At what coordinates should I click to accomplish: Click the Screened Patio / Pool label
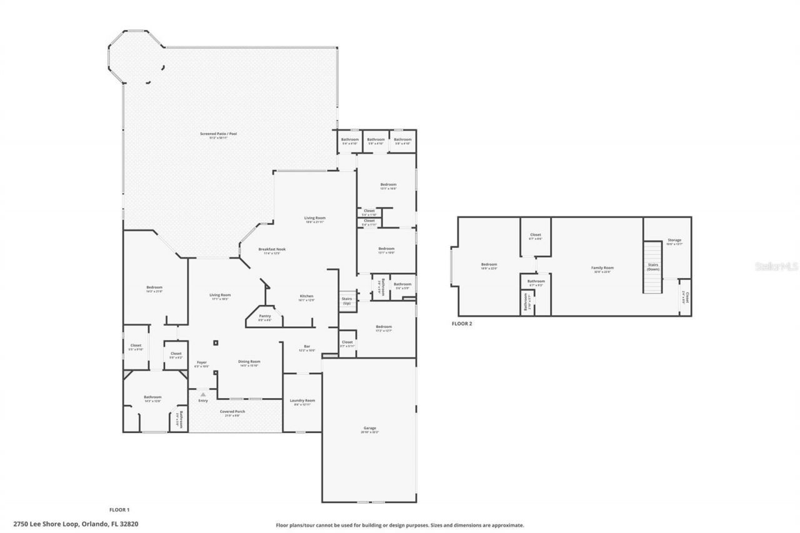(219, 134)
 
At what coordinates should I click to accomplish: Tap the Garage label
(369, 429)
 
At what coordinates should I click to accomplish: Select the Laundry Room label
(302, 401)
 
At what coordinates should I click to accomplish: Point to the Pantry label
(265, 316)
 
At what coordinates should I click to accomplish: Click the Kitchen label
(306, 296)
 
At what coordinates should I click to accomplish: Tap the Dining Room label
(249, 362)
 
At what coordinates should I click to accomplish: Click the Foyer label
(202, 362)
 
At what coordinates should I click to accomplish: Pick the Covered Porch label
(232, 412)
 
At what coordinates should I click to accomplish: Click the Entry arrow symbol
(203, 395)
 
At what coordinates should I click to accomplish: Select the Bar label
(307, 347)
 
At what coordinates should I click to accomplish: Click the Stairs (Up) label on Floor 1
(347, 301)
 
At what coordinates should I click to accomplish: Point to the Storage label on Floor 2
(674, 241)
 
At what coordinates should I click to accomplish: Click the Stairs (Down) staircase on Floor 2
(652, 267)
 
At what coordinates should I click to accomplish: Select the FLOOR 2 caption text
(462, 324)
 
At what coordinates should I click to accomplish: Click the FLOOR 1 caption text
(119, 511)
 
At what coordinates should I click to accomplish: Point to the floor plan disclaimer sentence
(400, 526)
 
